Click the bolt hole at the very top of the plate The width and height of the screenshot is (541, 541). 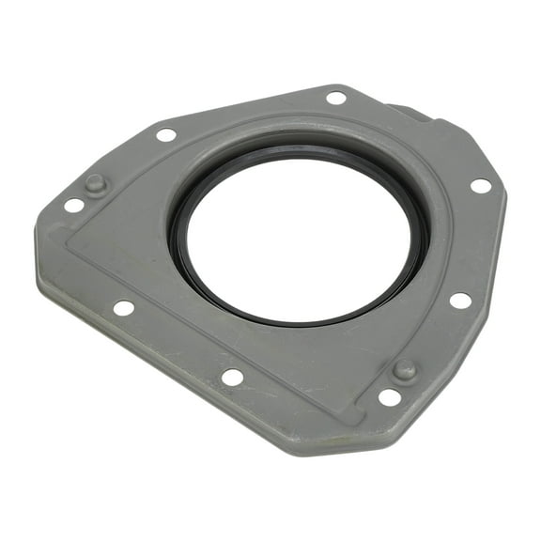tap(336, 97)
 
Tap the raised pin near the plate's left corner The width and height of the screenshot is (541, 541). tap(96, 184)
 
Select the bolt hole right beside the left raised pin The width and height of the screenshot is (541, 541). tap(73, 205)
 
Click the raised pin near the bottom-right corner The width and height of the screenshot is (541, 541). tap(404, 369)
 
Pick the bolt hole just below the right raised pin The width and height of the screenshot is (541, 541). tap(389, 397)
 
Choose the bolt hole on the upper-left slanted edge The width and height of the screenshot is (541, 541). tap(166, 134)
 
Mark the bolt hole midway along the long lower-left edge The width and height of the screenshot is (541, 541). tap(123, 307)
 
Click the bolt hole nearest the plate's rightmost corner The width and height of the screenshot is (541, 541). tap(480, 185)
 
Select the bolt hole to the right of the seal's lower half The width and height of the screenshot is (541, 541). tap(459, 301)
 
